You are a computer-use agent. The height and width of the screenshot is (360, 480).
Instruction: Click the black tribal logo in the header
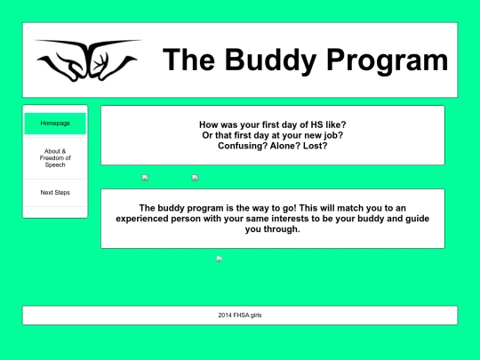click(x=87, y=60)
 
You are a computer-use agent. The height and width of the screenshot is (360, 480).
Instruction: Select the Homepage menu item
click(x=55, y=123)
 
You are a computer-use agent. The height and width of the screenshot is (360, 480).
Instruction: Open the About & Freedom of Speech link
click(x=55, y=158)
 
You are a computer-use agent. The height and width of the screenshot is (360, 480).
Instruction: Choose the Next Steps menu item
click(x=55, y=193)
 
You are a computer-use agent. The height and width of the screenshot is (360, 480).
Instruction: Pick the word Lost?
click(x=316, y=146)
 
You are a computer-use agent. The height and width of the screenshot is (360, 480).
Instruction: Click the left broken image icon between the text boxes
click(x=145, y=178)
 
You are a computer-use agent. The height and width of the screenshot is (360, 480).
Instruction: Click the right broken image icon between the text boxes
click(x=195, y=178)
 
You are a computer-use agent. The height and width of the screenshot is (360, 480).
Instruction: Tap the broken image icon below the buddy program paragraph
click(x=220, y=259)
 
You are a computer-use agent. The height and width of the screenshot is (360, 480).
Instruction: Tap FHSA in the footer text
click(x=243, y=316)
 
